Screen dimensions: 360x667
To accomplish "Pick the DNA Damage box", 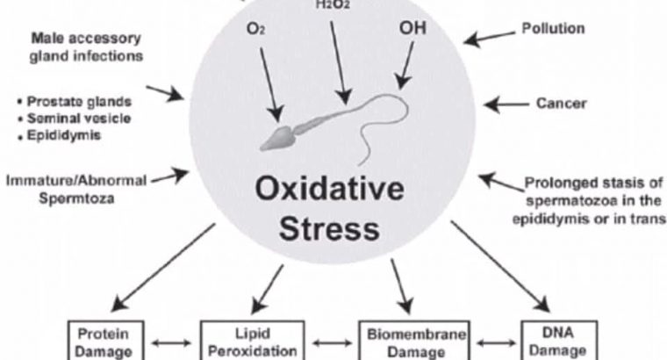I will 558,342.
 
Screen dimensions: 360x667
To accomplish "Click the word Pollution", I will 553,28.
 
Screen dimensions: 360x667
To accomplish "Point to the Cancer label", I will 561,104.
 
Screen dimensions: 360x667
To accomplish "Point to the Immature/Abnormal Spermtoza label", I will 75,189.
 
